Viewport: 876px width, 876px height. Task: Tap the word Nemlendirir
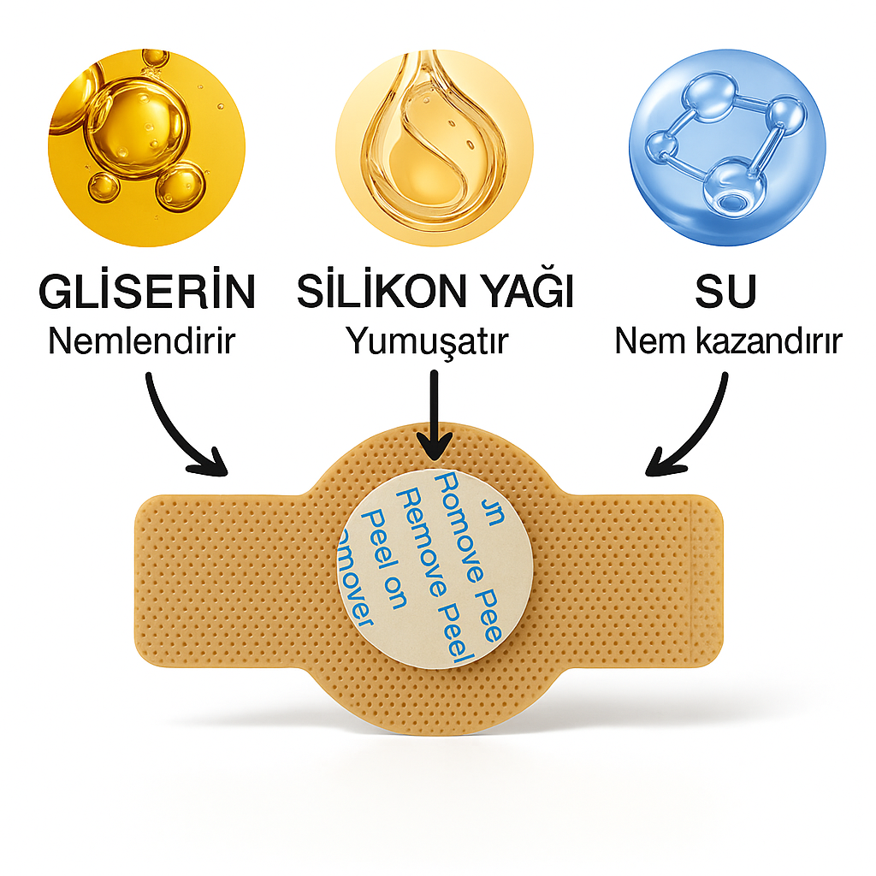[x=141, y=341]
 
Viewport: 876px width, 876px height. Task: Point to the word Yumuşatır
[x=426, y=341]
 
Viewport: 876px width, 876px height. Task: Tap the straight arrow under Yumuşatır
[x=435, y=411]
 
